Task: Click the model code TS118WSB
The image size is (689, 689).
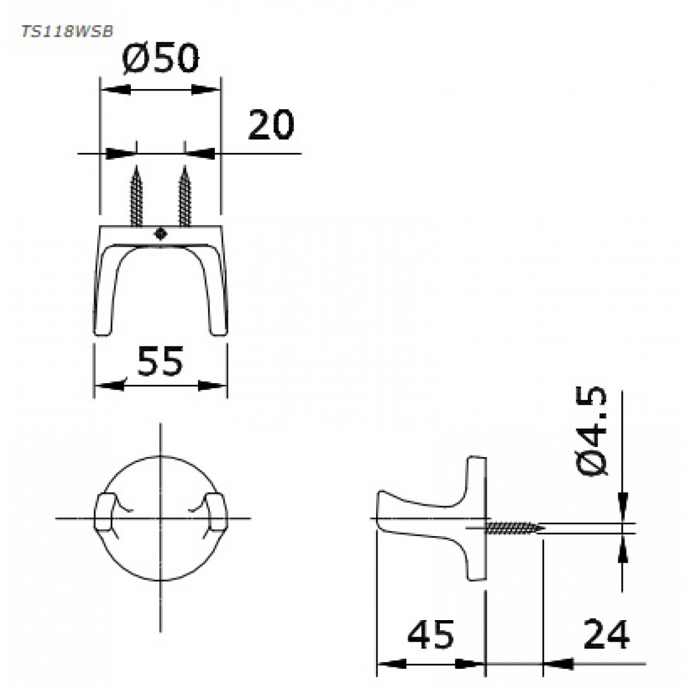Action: point(67,32)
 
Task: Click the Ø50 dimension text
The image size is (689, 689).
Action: point(161,58)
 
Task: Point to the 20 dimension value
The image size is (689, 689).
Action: point(271,125)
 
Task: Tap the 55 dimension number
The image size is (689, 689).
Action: point(160,361)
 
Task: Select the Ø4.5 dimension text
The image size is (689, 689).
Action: point(592,431)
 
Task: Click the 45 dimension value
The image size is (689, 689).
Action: point(430,635)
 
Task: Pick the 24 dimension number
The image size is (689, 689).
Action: point(606,634)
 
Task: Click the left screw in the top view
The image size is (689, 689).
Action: point(137,196)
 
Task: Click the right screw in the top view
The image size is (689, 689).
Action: point(185,196)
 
